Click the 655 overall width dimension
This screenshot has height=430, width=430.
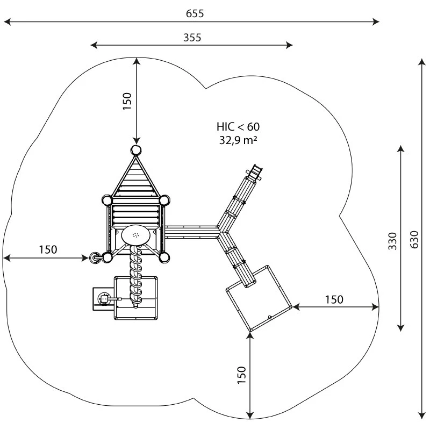(x=195, y=14)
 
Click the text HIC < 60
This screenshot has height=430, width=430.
(x=238, y=127)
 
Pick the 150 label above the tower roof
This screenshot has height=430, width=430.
(x=127, y=101)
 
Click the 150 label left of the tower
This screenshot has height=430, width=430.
(x=48, y=249)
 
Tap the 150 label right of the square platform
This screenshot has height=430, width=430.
(x=333, y=299)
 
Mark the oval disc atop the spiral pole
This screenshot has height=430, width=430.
(x=137, y=235)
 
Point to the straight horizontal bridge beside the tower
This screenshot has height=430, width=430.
(x=191, y=232)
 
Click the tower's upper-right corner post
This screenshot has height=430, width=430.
(x=164, y=200)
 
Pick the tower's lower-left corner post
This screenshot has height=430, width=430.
(x=107, y=258)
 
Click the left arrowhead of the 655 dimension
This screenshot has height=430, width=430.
(x=6, y=22)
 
